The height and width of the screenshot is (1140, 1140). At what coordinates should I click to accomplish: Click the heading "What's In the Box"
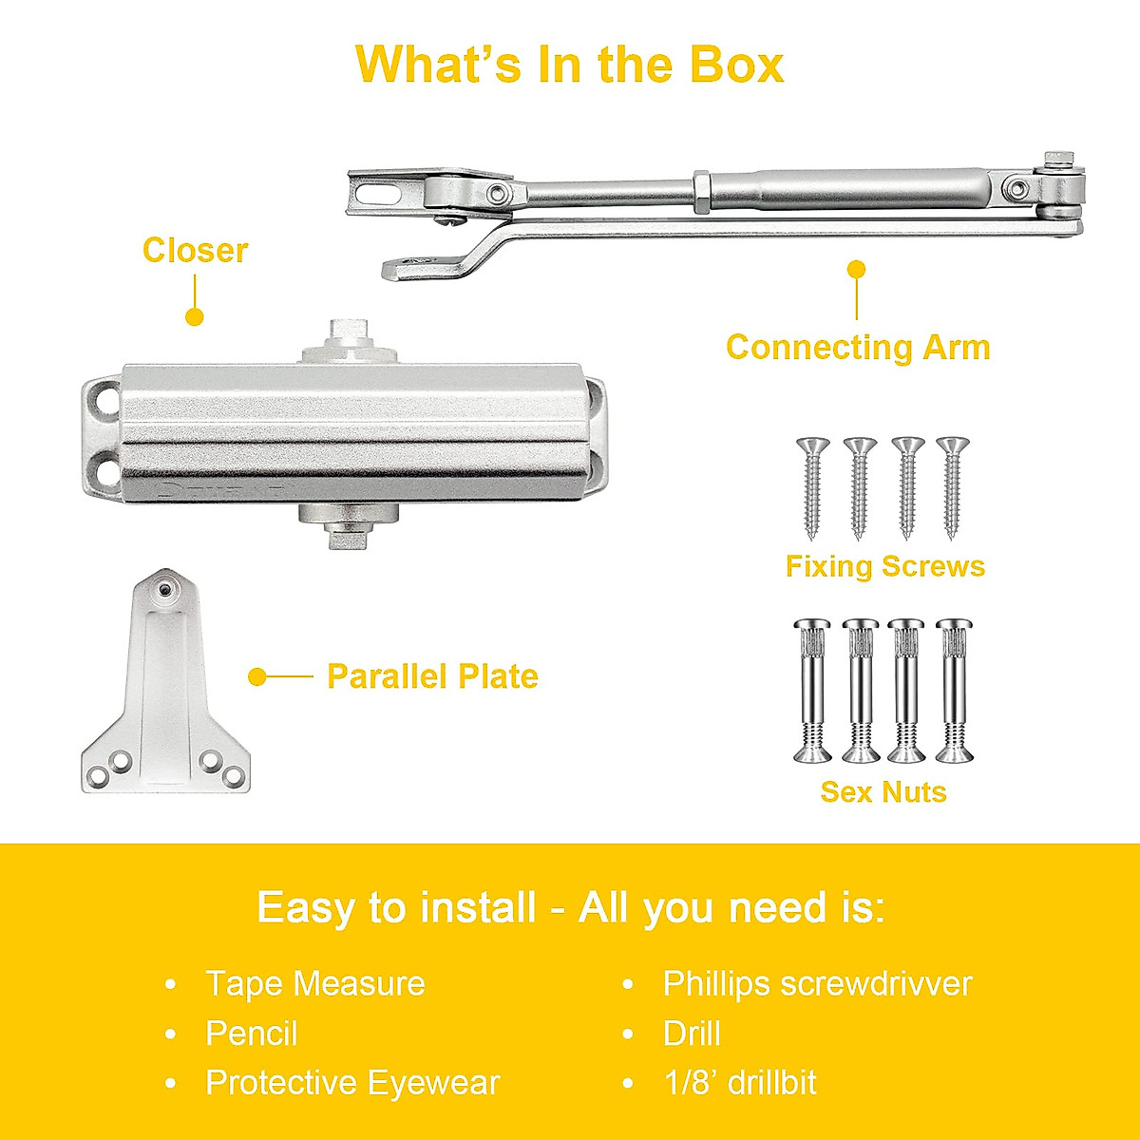point(569,65)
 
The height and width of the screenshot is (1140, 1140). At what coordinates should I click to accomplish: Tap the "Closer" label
point(195,251)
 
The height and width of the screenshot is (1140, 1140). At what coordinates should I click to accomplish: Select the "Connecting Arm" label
point(857,348)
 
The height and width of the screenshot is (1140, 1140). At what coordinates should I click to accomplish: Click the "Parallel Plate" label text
point(432,676)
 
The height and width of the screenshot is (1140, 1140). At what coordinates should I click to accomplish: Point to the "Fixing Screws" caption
point(884,566)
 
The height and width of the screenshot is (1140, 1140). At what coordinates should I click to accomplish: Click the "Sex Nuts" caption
point(883,791)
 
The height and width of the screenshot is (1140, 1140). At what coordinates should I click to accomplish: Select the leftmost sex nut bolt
point(813,691)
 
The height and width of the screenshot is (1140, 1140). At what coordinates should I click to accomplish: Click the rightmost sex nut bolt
point(954,691)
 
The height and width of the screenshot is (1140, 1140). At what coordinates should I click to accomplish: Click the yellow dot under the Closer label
point(195,317)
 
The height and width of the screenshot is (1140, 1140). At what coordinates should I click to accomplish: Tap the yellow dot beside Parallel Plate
point(256,676)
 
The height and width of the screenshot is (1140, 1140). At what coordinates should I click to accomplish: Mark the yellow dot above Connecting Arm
point(857,270)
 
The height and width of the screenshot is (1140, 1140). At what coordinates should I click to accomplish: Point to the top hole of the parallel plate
point(165,590)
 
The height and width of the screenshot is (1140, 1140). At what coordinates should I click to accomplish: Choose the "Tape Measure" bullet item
point(314,983)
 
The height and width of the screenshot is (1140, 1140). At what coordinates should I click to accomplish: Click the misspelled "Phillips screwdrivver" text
point(817,983)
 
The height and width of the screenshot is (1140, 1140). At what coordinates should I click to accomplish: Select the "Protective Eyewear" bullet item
point(352,1082)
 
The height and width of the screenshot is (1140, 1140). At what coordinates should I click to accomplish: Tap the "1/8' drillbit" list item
point(739,1082)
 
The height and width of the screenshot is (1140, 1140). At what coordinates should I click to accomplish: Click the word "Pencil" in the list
point(252,1033)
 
